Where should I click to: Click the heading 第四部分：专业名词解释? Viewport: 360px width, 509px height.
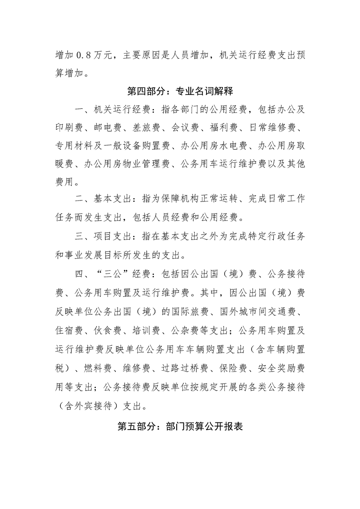[180, 91]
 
